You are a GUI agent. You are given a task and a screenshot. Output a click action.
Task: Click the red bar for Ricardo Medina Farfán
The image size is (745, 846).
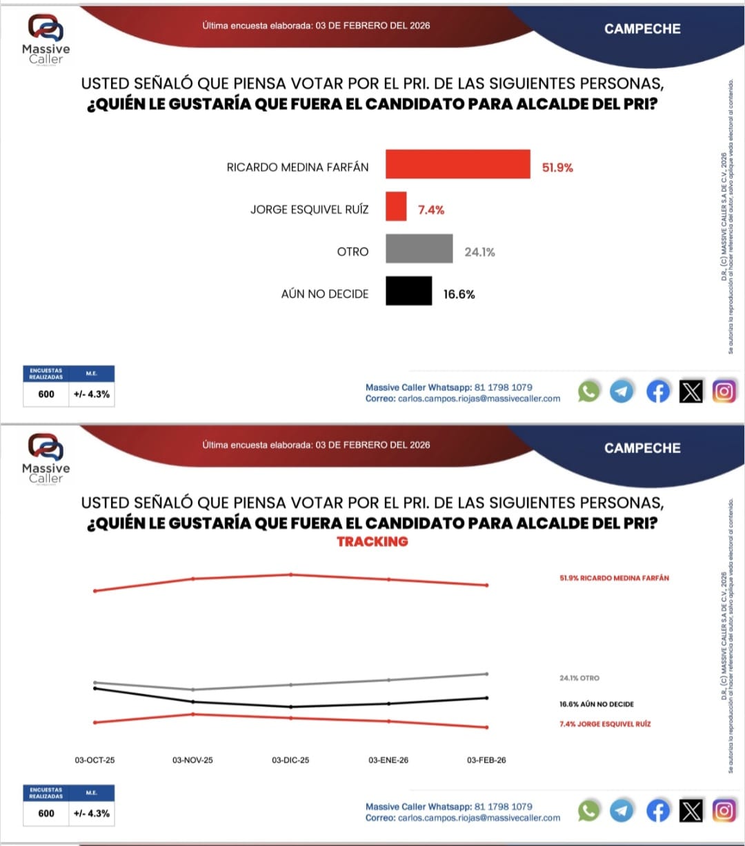click(457, 164)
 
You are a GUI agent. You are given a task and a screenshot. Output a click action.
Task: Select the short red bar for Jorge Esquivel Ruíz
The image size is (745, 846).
click(396, 206)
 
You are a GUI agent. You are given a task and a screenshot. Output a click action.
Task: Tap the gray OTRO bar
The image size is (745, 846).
click(419, 248)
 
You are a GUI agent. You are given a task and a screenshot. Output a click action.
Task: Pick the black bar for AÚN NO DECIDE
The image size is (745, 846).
click(408, 291)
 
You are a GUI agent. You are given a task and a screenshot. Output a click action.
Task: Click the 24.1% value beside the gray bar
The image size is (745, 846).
click(479, 252)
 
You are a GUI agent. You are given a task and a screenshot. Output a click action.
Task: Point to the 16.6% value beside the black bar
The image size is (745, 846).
click(459, 294)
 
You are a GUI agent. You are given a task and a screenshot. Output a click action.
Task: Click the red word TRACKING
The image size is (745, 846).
click(372, 542)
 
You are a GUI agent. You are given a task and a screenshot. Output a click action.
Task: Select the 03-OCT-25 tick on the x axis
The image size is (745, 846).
click(95, 760)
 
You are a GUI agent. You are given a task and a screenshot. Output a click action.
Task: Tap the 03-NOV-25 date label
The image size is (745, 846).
click(192, 760)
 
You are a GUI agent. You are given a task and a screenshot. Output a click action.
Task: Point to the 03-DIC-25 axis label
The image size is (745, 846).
click(290, 760)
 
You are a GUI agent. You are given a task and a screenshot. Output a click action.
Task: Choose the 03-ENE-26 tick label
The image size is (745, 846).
click(388, 760)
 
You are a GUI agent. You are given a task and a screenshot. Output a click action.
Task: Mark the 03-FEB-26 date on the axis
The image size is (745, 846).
click(486, 760)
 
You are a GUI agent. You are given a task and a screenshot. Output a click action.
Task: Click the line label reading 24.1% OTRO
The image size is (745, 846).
click(579, 678)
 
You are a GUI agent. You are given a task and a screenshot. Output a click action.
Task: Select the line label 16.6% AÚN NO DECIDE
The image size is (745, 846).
click(596, 704)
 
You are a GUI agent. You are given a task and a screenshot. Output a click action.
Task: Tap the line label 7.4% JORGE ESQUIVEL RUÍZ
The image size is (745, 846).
click(605, 724)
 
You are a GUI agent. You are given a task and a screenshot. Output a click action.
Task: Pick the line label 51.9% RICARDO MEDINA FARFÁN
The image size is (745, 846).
click(614, 578)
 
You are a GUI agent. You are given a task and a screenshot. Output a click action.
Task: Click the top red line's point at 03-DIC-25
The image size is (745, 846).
click(291, 574)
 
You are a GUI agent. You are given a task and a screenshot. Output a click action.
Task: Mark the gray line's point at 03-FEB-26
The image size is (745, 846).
click(487, 674)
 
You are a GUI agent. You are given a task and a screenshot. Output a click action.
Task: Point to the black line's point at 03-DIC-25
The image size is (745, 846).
click(291, 707)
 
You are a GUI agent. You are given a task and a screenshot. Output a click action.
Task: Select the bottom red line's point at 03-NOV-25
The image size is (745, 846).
click(193, 714)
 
